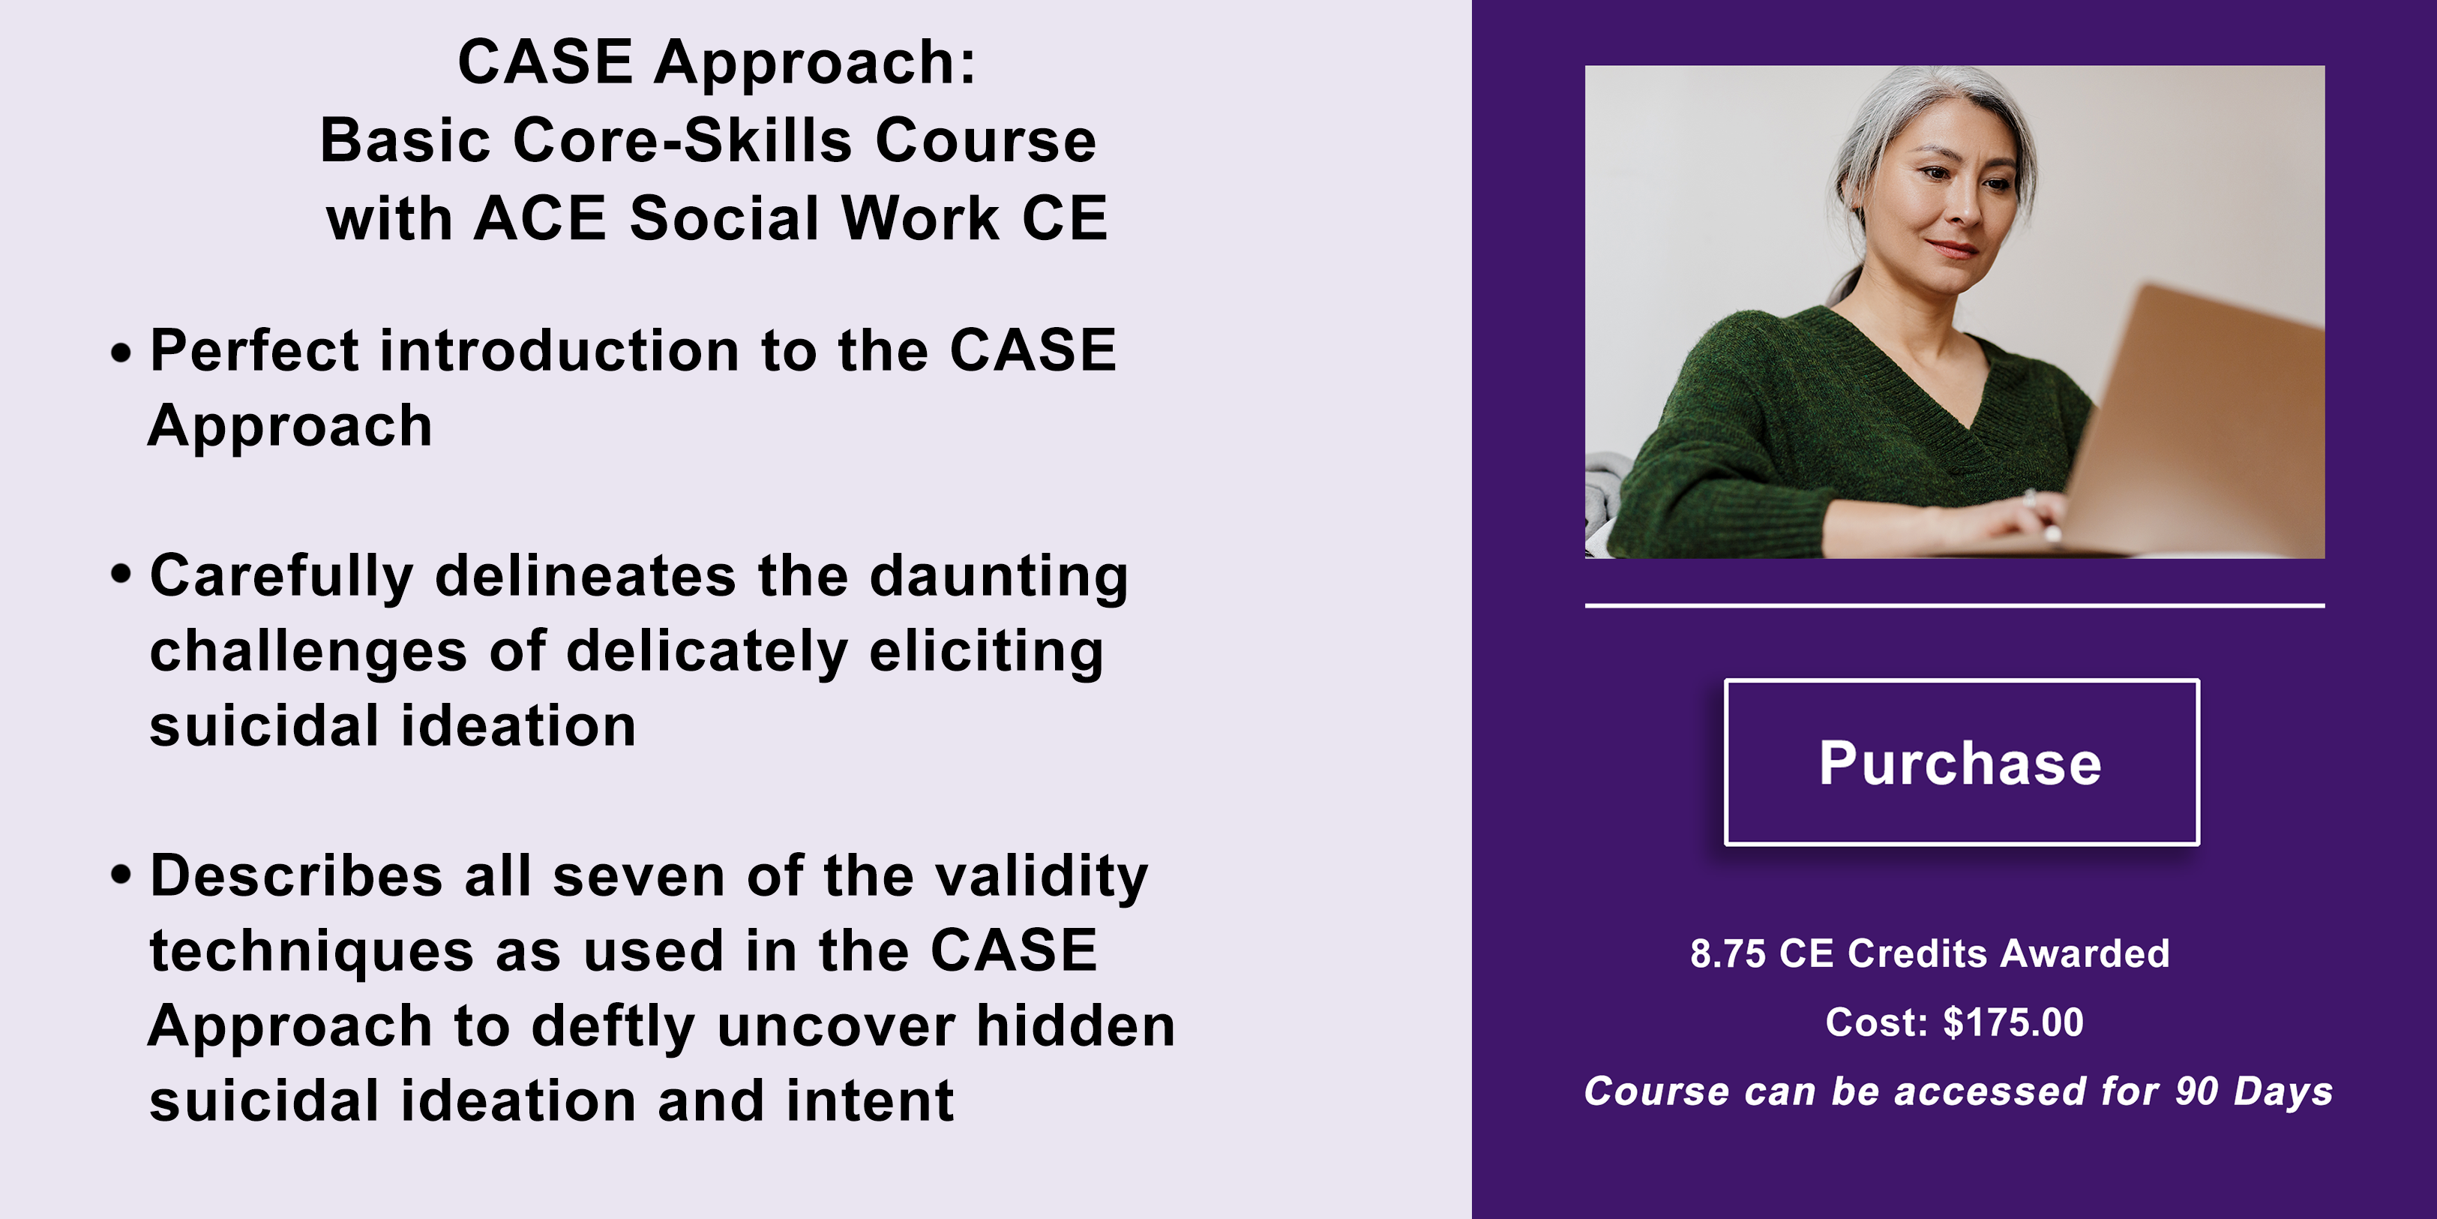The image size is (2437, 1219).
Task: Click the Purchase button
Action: (1961, 762)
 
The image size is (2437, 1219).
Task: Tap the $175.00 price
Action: (2013, 1022)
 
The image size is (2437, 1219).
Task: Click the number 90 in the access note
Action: (2196, 1091)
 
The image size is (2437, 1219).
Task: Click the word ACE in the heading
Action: (539, 218)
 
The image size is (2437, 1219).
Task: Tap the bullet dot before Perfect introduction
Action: (121, 354)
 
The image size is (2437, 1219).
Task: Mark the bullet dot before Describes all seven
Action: (121, 873)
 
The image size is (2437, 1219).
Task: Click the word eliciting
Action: (987, 652)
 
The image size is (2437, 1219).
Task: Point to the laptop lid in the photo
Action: (2195, 416)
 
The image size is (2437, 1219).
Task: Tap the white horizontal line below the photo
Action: (1955, 605)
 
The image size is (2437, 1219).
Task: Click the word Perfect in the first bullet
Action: (254, 350)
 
